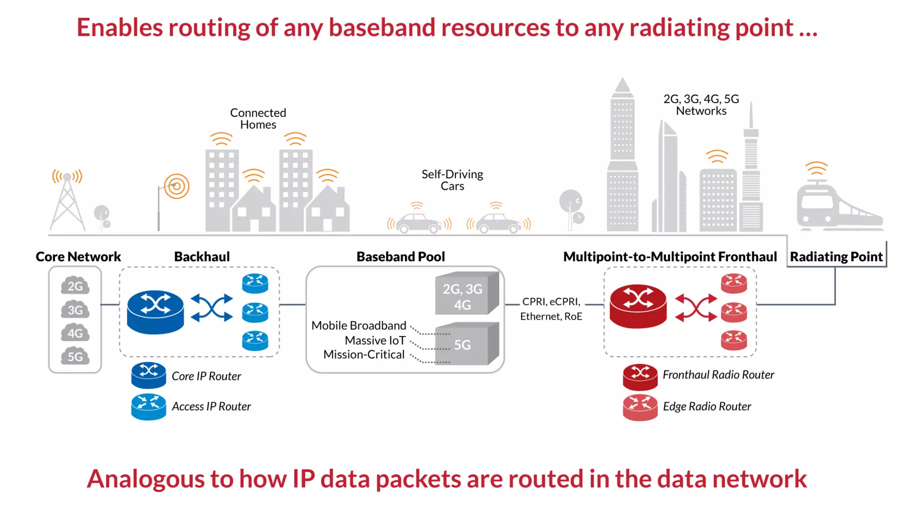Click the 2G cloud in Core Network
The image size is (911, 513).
coord(75,286)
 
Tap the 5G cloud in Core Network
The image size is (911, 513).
coord(75,356)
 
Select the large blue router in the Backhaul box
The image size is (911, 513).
coord(155,312)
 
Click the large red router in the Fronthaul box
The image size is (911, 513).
coord(638,306)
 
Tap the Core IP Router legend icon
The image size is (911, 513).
coord(149,375)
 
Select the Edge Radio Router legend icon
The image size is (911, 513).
coord(640,407)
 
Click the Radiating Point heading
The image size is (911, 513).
coord(836,257)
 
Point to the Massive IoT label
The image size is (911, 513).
coord(375,341)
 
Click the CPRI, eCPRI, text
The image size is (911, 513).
coord(551,302)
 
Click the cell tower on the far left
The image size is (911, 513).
coord(68,203)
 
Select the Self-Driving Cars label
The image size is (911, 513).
coord(452,180)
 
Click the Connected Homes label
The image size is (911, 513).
coord(258,118)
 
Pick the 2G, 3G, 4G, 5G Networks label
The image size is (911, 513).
coord(701,105)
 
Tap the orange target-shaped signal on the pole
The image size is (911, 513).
coord(177,186)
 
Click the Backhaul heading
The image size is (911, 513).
coord(202,257)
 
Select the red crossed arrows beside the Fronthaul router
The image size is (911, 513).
coord(696,307)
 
